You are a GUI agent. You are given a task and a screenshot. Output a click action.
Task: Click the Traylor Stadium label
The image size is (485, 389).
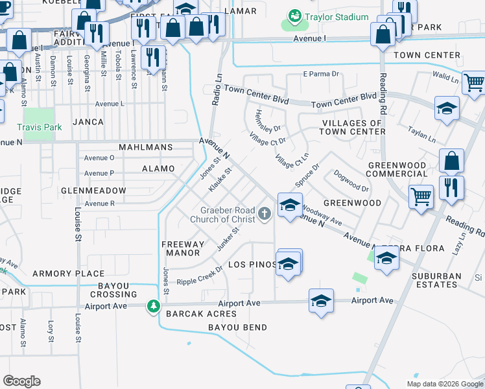[x=337, y=18]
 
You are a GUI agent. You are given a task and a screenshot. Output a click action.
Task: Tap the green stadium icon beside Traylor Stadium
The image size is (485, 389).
[x=295, y=14]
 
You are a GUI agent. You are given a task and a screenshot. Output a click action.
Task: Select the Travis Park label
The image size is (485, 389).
[x=40, y=128]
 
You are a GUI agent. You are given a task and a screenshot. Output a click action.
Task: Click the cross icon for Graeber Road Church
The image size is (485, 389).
[x=265, y=213]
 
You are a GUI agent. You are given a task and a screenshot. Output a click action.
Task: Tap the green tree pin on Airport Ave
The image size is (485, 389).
[x=153, y=305]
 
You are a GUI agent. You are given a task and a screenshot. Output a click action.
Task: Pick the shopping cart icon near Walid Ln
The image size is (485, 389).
[x=475, y=82]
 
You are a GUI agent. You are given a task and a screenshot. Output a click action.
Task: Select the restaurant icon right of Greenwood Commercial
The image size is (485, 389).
[x=451, y=187]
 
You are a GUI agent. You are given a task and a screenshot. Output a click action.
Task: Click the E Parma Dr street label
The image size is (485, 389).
[x=321, y=74]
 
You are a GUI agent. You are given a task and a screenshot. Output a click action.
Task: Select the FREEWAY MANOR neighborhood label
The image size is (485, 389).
[x=183, y=248]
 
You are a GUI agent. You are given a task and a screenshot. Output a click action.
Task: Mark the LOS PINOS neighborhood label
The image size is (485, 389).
[x=252, y=265]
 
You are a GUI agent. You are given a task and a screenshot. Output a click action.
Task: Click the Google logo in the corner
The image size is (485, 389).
[x=21, y=381]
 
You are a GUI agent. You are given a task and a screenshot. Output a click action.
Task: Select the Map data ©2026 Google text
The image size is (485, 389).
[x=444, y=384]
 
